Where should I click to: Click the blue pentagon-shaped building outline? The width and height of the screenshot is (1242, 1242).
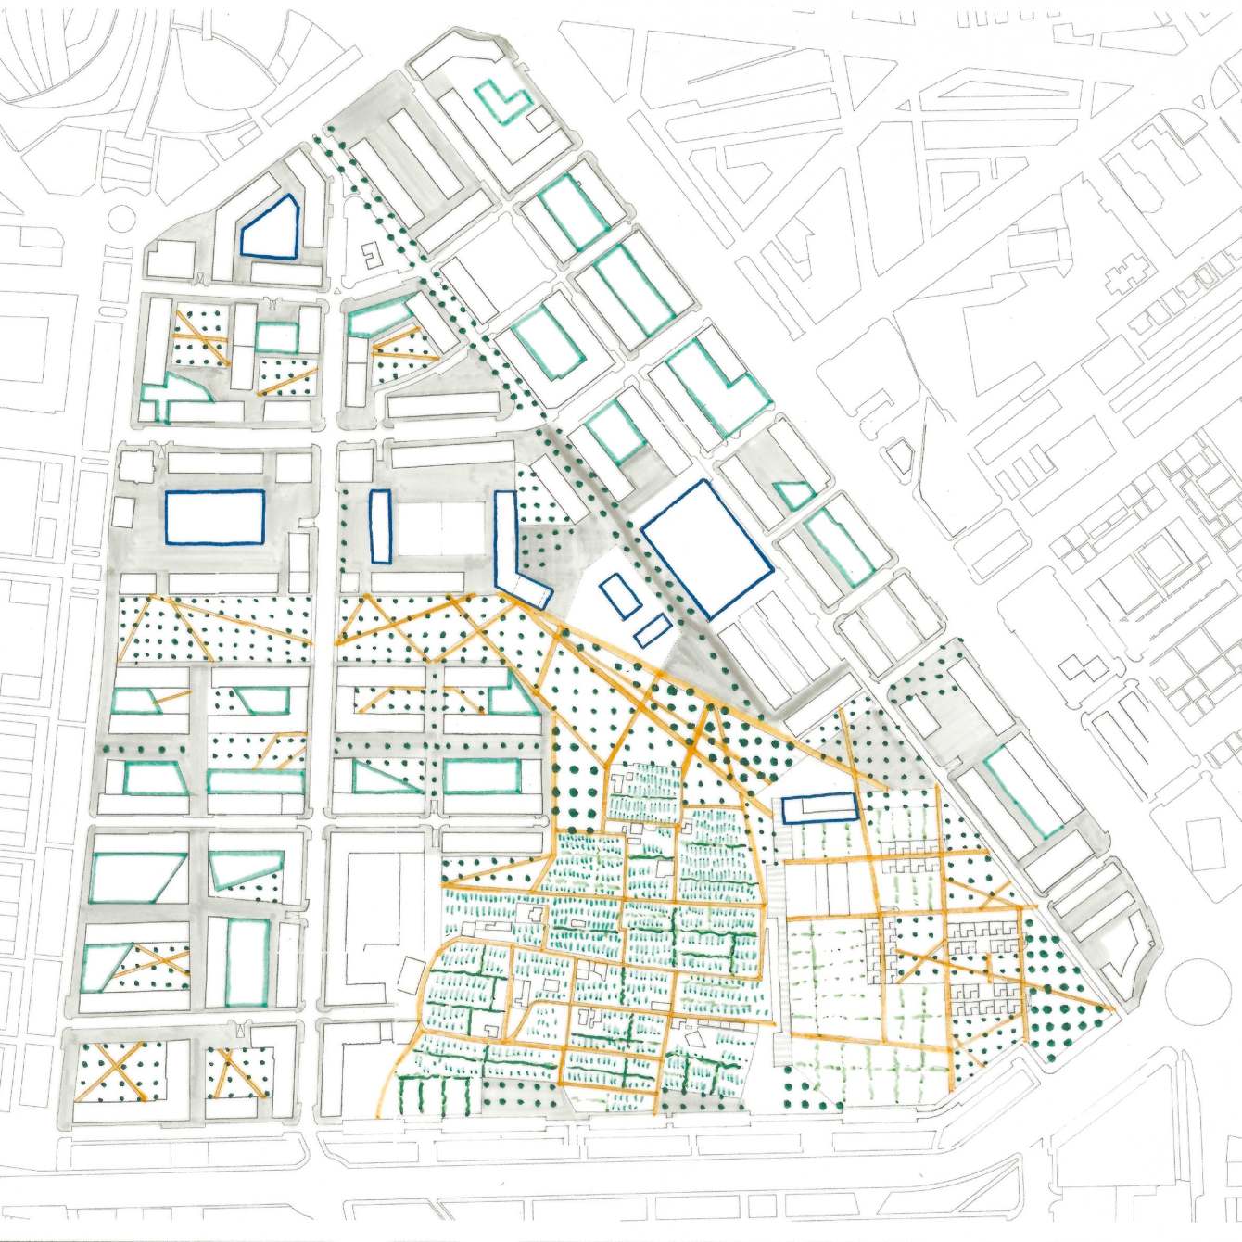[x=269, y=229]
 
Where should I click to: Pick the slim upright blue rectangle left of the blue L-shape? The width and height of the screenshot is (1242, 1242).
[x=379, y=526]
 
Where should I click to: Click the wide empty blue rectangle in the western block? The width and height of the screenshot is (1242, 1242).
[x=215, y=517]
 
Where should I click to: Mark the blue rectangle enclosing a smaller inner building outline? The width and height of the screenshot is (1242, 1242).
[x=818, y=808]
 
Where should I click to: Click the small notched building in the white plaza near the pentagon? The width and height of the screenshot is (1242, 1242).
[x=368, y=256]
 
